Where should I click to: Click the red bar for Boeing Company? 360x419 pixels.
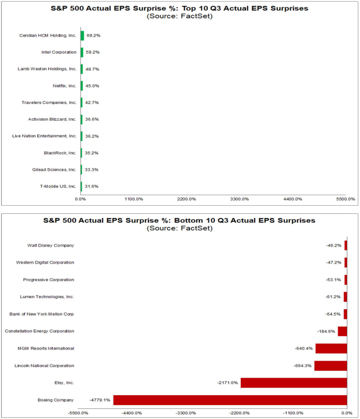[230, 400]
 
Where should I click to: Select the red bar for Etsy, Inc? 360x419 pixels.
[294, 382]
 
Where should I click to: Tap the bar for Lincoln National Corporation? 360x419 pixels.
[330, 365]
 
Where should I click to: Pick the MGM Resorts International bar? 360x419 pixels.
[331, 348]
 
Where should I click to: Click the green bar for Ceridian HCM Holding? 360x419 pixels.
[82, 36]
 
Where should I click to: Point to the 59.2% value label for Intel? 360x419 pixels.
[93, 53]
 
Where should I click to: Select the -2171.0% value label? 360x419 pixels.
[227, 382]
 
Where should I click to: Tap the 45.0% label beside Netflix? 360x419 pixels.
[93, 86]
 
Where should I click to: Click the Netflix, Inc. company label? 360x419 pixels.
[65, 86]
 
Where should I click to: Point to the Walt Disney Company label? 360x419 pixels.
[50, 245]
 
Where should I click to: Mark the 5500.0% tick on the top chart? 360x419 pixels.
[345, 199]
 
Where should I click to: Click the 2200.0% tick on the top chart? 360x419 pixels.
[186, 199]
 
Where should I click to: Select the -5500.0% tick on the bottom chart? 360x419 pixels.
[78, 413]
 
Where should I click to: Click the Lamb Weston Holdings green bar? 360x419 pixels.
[82, 69]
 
